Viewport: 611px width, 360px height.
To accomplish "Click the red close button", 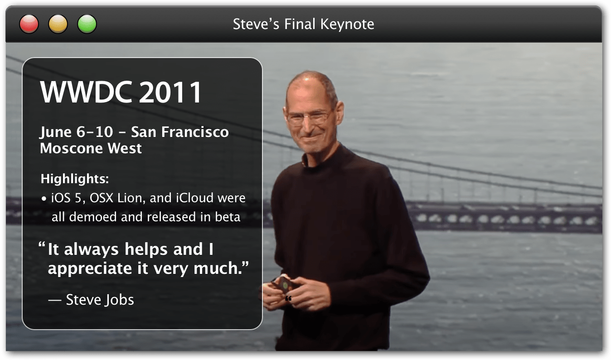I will pyautogui.click(x=29, y=24).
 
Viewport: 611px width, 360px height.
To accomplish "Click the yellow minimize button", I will pyautogui.click(x=58, y=24).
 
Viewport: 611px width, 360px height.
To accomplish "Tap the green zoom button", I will pyautogui.click(x=87, y=24).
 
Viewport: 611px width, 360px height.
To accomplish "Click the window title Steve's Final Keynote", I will pyautogui.click(x=303, y=24).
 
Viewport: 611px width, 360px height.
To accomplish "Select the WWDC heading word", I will pyautogui.click(x=86, y=93).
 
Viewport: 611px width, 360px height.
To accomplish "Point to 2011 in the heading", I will pyautogui.click(x=170, y=93).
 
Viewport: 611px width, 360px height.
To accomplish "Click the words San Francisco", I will pyautogui.click(x=179, y=132).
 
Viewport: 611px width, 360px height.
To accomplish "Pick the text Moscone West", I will pyautogui.click(x=91, y=148).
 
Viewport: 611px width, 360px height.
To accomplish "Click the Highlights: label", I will pyautogui.click(x=75, y=179).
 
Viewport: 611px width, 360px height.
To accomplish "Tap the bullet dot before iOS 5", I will pyautogui.click(x=44, y=199).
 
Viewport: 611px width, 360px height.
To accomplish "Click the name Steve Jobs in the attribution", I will pyautogui.click(x=100, y=300).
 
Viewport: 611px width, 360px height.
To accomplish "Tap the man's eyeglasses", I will pyautogui.click(x=308, y=118).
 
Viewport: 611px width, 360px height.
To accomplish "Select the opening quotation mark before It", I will pyautogui.click(x=42, y=247).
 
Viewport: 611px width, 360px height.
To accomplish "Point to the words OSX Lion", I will pyautogui.click(x=114, y=199).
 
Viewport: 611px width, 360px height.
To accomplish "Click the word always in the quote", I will pyautogui.click(x=91, y=250).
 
